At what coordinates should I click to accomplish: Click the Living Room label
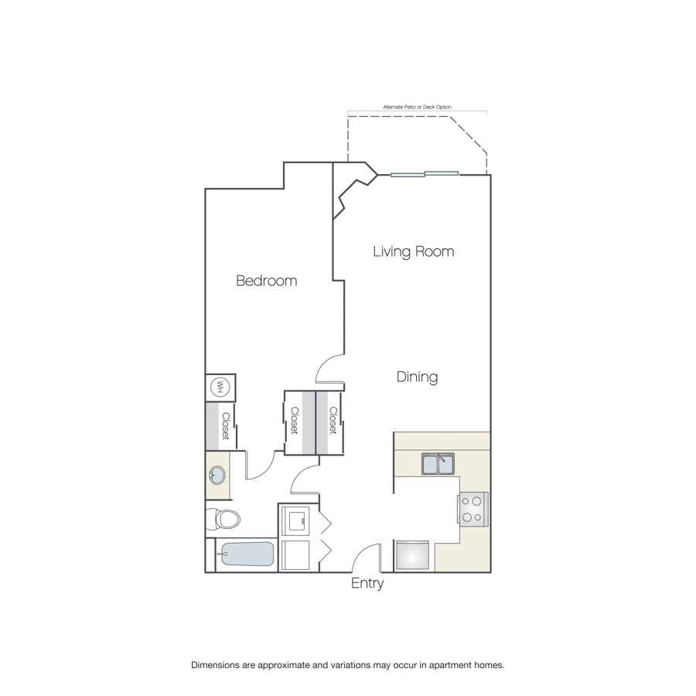pos(413,251)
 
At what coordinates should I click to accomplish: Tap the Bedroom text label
pos(266,281)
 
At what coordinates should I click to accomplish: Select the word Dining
pos(417,377)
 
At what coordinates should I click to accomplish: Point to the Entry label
pos(367,583)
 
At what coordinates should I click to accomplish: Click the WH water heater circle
pos(219,387)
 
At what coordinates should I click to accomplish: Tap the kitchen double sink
pos(438,464)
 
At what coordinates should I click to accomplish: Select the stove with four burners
pos(473,509)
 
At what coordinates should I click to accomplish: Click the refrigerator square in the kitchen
pos(412,554)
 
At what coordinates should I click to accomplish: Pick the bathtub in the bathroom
pos(247,554)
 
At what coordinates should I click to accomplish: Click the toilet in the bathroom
pos(223,519)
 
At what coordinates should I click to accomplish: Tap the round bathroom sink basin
pos(217,476)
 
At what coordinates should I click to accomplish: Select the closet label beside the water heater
pos(226,426)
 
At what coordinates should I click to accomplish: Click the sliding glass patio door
pos(425,173)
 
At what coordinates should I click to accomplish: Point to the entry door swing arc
pos(361,551)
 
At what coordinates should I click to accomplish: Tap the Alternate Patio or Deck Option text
pos(418,107)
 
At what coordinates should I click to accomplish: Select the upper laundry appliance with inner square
pos(296,521)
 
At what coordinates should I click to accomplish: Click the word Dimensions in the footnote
pos(215,665)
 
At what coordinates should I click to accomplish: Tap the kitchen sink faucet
pos(441,457)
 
